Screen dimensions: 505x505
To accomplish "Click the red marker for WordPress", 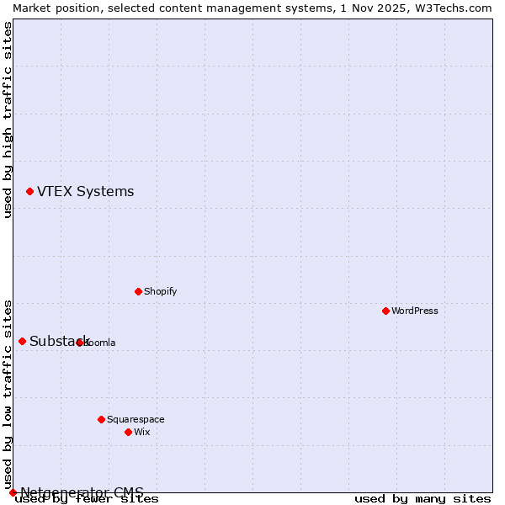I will [x=385, y=311].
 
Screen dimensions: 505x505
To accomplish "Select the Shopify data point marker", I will [x=138, y=291].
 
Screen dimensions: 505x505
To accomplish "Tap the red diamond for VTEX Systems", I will [x=29, y=192].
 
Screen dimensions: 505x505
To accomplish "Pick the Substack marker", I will [x=22, y=341].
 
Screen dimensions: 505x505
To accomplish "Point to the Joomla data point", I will [x=79, y=343].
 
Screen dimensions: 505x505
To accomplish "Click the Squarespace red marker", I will [x=101, y=419].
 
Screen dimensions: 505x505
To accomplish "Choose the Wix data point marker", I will [x=128, y=432].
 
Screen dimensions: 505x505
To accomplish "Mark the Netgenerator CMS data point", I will [x=13, y=492].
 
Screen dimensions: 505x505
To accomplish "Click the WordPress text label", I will [x=414, y=311].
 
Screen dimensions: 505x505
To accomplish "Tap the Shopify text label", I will [x=160, y=291].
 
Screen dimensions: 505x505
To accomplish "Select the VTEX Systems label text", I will [x=85, y=192].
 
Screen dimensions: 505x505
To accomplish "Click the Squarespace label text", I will [x=136, y=419].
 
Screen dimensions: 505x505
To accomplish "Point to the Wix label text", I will [x=141, y=432].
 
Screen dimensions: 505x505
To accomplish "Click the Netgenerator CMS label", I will [x=82, y=492].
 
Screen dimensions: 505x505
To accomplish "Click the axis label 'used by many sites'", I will [x=423, y=498].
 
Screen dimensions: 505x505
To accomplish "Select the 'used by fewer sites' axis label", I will [x=87, y=498].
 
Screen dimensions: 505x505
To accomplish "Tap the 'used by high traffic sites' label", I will [x=8, y=120].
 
